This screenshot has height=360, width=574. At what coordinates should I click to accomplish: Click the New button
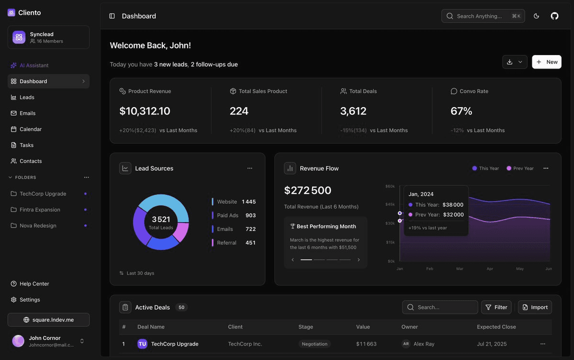[546, 62]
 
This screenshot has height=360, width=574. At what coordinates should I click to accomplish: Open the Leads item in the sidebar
[27, 97]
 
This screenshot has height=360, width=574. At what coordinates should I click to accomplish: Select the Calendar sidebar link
[30, 129]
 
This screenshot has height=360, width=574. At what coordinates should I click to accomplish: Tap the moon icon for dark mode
[536, 16]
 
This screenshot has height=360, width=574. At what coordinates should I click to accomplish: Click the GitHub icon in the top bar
[554, 16]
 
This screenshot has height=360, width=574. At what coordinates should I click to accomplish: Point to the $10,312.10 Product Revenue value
[145, 111]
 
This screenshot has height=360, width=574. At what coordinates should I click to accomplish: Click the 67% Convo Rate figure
[461, 111]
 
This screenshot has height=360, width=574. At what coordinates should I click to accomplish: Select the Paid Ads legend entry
[227, 215]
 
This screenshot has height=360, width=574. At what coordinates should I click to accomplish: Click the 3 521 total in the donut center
[161, 219]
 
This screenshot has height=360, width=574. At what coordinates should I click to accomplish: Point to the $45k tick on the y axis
[390, 204]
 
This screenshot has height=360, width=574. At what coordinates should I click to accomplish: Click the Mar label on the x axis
[460, 269]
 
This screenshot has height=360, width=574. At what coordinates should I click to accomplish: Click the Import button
[535, 307]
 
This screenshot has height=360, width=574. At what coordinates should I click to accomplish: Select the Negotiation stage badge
[315, 344]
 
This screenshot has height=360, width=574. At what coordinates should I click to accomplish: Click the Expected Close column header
[496, 327]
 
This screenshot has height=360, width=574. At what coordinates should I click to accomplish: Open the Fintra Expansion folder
[40, 210]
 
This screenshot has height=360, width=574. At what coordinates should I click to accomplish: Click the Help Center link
[34, 284]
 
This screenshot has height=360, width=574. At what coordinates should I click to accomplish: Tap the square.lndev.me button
[48, 320]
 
